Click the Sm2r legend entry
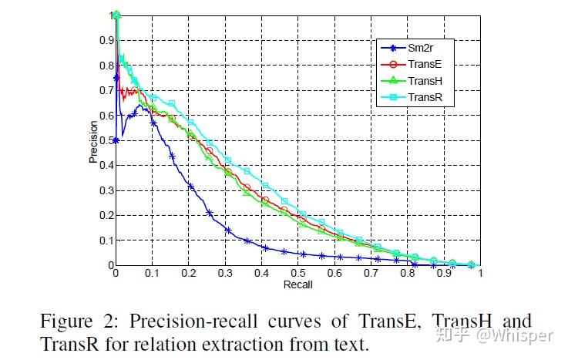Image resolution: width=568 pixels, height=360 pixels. pos(419,47)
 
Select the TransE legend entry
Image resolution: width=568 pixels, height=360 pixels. pos(423,64)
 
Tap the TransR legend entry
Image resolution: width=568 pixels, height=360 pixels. pos(423,97)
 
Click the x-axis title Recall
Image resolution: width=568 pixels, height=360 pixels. pos(297,284)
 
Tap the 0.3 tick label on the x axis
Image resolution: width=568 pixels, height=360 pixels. pos(224,273)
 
